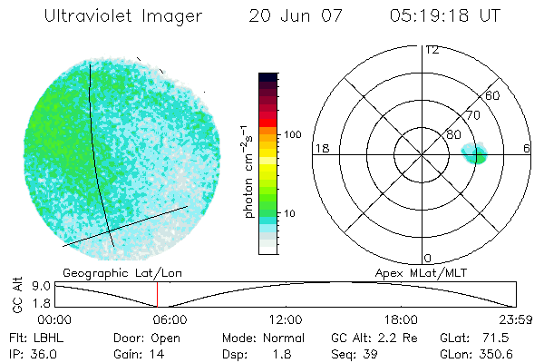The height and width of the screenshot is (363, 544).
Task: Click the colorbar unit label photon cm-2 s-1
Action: pyautogui.click(x=249, y=172)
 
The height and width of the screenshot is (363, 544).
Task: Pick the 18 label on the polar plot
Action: pyautogui.click(x=320, y=148)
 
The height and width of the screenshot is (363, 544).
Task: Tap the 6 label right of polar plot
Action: pyautogui.click(x=527, y=148)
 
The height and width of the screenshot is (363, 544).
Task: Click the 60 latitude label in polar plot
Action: pyautogui.click(x=493, y=94)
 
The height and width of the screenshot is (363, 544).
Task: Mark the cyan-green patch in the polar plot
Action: pyautogui.click(x=476, y=152)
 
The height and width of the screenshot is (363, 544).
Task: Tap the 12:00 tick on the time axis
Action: pyautogui.click(x=286, y=319)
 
